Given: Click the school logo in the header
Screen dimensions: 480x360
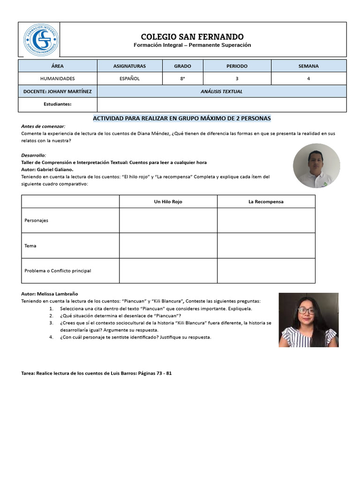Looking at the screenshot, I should point(41,40).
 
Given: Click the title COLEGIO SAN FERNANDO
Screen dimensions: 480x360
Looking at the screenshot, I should point(192,37).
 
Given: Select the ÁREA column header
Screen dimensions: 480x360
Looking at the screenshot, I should point(57,66).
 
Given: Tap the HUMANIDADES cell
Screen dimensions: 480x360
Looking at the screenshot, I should point(57,79).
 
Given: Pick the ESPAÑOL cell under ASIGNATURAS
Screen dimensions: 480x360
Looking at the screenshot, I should point(129,79).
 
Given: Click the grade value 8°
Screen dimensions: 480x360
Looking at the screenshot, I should point(182,79).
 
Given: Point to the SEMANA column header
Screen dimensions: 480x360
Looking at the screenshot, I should point(308,66).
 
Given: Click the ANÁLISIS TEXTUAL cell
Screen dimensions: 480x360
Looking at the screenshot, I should point(222,91).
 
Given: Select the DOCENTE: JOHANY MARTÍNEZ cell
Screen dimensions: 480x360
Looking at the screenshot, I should point(57,91).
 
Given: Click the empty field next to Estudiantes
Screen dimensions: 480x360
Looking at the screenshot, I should point(222,104).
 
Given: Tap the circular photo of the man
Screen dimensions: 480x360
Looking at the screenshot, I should point(316,166).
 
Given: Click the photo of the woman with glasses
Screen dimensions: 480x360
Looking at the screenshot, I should point(308,320).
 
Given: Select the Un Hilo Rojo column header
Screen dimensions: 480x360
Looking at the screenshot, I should point(168,202).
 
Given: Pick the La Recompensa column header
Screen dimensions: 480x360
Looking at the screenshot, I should point(266,202).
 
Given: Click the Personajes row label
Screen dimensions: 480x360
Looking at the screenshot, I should point(37,220).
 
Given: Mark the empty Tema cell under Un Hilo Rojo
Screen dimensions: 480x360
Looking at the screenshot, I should point(168,246).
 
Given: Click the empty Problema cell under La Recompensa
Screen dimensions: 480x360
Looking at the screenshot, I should point(266,270).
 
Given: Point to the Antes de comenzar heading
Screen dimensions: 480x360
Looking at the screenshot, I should point(43,127).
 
